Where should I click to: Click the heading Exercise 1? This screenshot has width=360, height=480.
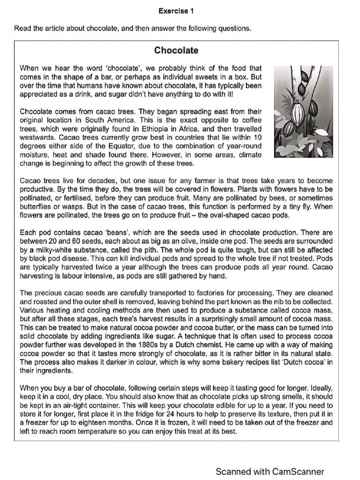pyautogui.click(x=176, y=10)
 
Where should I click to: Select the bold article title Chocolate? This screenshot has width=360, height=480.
pyautogui.click(x=176, y=51)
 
